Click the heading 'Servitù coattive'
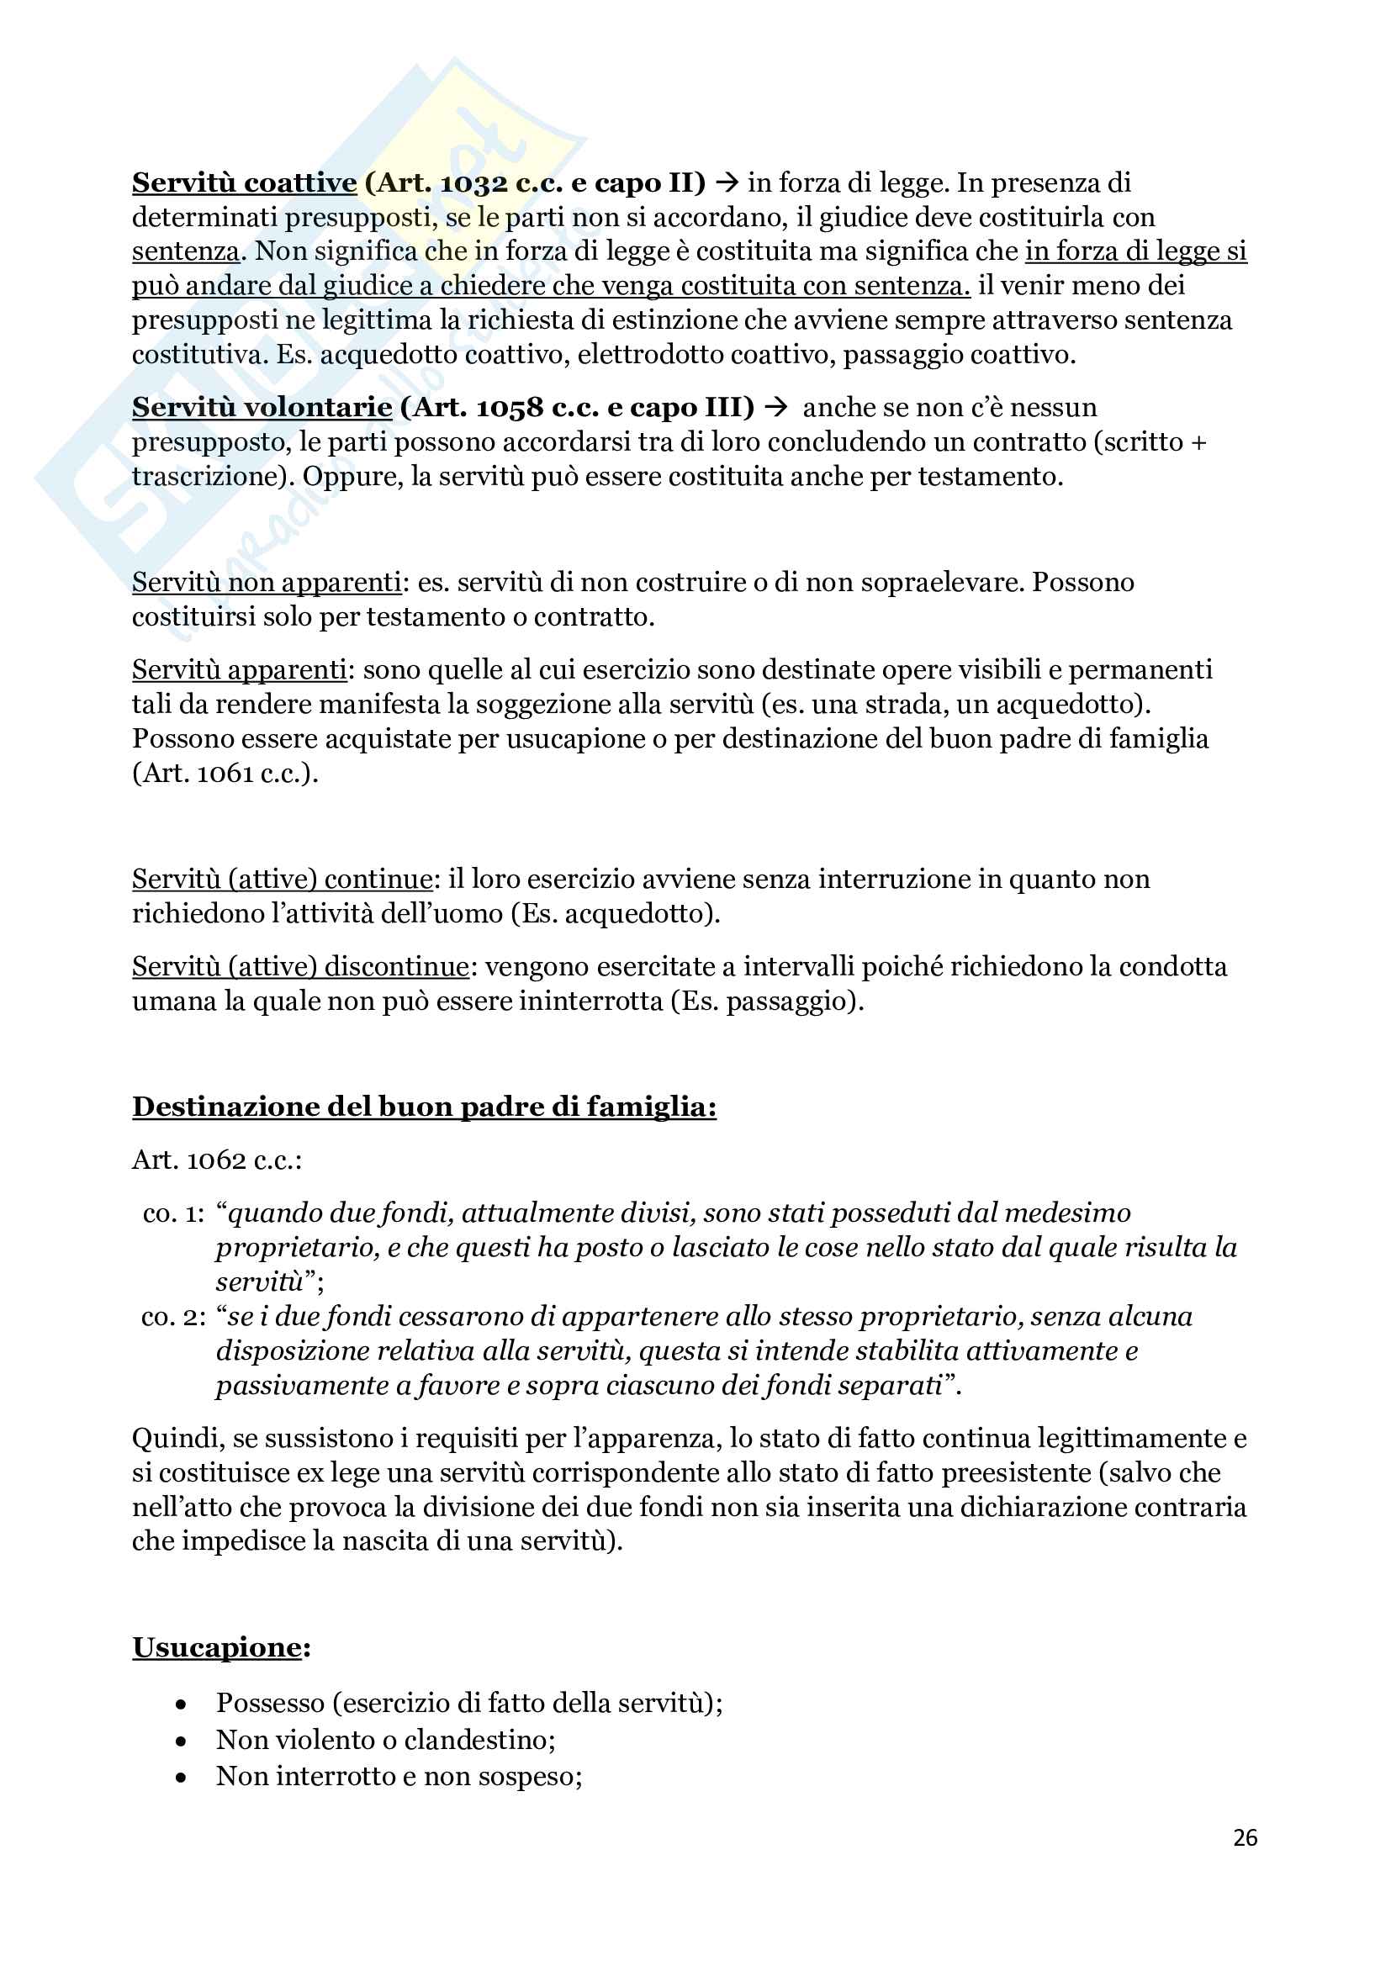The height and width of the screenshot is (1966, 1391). click(244, 183)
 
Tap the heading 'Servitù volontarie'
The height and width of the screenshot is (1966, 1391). click(262, 408)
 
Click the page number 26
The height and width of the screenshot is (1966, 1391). click(1245, 1837)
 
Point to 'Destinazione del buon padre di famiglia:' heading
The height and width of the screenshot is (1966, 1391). click(424, 1107)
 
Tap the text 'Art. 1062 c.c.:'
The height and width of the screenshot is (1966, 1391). click(217, 1160)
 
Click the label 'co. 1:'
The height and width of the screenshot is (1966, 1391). click(174, 1213)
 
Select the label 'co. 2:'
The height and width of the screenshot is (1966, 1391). click(174, 1316)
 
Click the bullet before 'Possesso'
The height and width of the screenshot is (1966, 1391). click(181, 1704)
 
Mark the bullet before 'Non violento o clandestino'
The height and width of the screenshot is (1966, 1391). click(181, 1741)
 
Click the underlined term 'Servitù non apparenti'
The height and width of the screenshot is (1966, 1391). click(267, 582)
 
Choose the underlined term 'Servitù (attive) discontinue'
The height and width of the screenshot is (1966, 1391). click(299, 967)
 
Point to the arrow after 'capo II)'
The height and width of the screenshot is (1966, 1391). click(727, 183)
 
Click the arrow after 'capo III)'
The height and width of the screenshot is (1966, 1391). click(775, 408)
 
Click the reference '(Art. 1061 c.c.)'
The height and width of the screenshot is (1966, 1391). click(225, 774)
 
